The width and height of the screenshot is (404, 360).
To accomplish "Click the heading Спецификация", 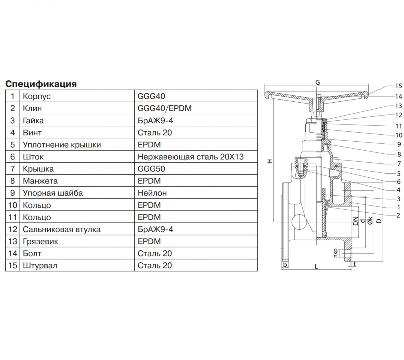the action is pyautogui.click(x=41, y=84).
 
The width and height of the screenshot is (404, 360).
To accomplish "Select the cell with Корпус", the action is pyautogui.click(x=77, y=96).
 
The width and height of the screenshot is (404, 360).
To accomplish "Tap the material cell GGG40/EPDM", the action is pyautogui.click(x=196, y=108).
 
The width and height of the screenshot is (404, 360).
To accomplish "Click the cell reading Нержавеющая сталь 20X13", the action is pyautogui.click(x=196, y=157).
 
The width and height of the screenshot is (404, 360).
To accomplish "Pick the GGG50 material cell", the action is pyautogui.click(x=196, y=169).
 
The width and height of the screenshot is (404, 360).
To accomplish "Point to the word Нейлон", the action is pyautogui.click(x=152, y=193).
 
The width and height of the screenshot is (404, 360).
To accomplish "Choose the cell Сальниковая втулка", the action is pyautogui.click(x=77, y=229).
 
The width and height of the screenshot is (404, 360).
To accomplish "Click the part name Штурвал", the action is pyautogui.click(x=40, y=265).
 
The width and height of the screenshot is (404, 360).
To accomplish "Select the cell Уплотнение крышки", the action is pyautogui.click(x=77, y=144).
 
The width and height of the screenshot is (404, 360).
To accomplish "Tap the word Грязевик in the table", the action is pyautogui.click(x=40, y=241).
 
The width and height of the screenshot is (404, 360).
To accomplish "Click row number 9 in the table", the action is pyautogui.click(x=13, y=193).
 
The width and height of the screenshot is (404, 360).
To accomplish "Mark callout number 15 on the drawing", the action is pyautogui.click(x=398, y=86).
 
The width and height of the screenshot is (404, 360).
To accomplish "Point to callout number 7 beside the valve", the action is pyautogui.click(x=399, y=163).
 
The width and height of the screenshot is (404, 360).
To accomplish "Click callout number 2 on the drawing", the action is pyautogui.click(x=398, y=215).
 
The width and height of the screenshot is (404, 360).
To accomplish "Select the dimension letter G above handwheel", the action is pyautogui.click(x=318, y=82).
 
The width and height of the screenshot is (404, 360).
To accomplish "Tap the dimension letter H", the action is pyautogui.click(x=270, y=161).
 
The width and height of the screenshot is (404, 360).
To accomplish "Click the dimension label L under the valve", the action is pyautogui.click(x=316, y=266).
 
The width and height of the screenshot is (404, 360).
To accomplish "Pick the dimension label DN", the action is pyautogui.click(x=355, y=221).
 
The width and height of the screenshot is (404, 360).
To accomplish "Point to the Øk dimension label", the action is pyautogui.click(x=370, y=221).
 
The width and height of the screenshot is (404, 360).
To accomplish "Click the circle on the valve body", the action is pyautogui.click(x=299, y=222).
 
